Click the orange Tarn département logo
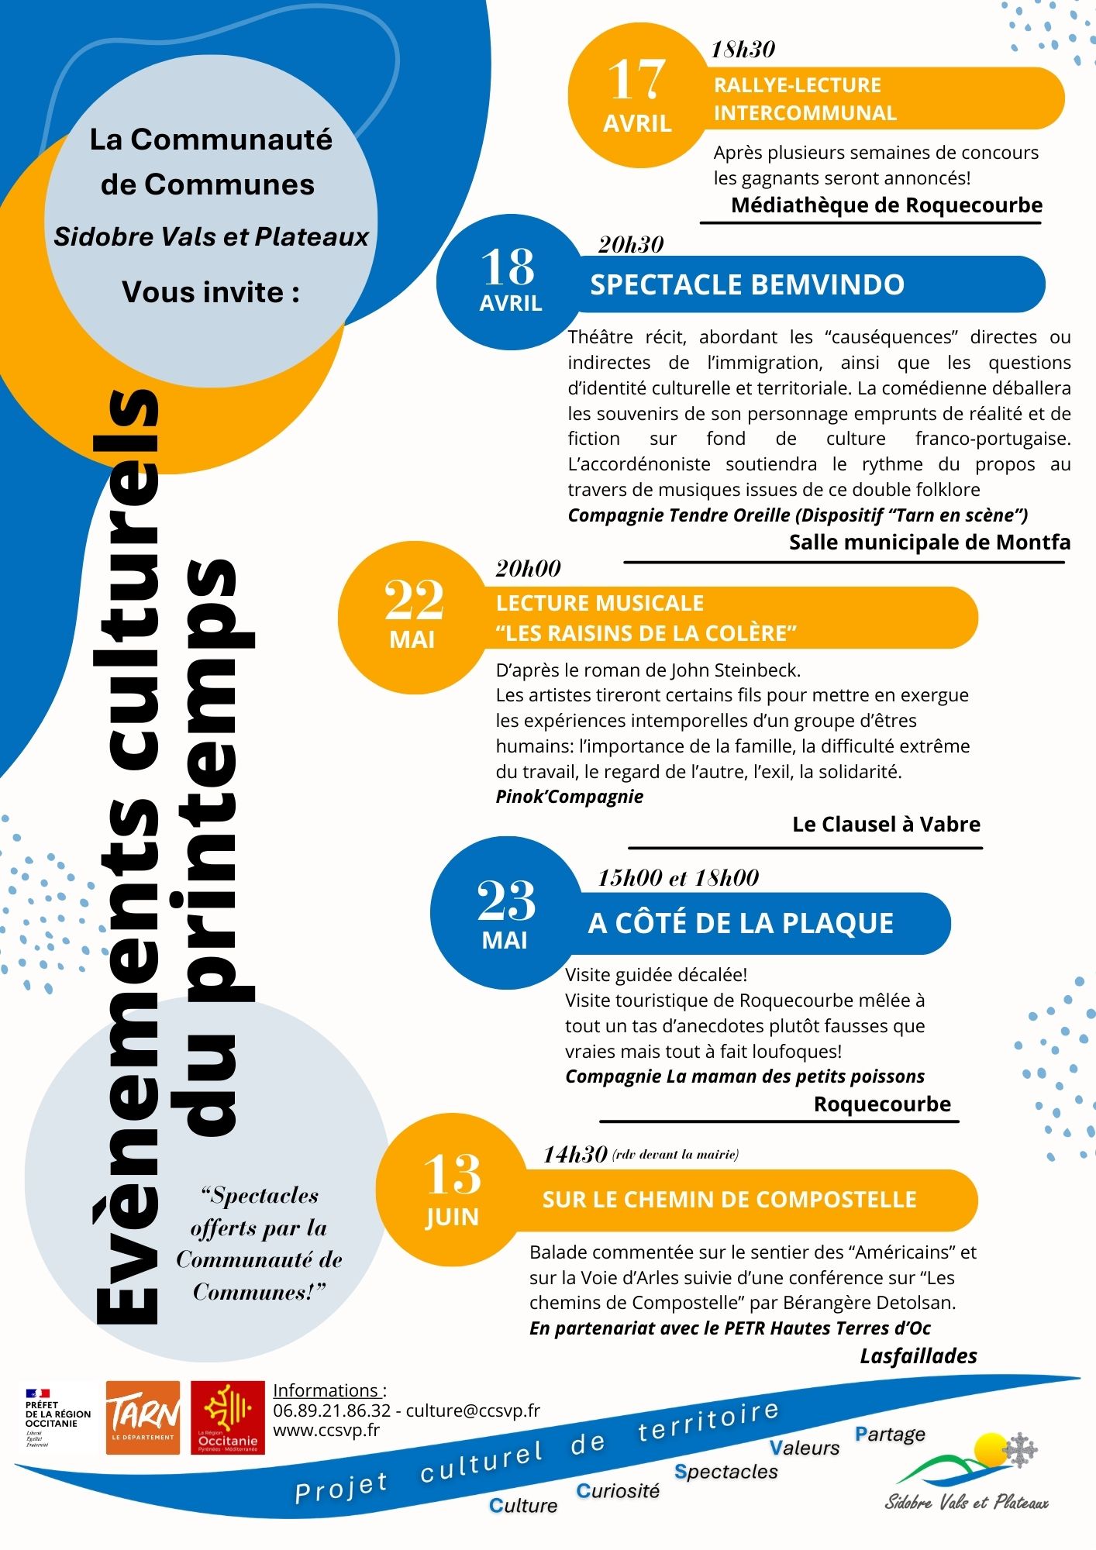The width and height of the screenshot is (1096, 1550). click(x=143, y=1417)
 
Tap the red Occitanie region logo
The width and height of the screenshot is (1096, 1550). click(x=227, y=1417)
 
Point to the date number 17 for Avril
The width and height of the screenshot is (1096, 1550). click(x=636, y=81)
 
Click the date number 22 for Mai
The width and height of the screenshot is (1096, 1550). click(x=414, y=601)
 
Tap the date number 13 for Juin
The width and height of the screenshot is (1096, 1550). click(x=452, y=1176)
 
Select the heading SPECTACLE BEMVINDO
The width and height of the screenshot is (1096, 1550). click(x=747, y=284)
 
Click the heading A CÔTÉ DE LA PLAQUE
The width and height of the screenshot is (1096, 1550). click(x=740, y=923)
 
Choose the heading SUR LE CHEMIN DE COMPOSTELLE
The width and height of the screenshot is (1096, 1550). click(x=729, y=1200)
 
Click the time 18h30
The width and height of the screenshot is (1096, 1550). click(x=743, y=50)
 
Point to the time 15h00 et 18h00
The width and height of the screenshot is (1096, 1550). click(x=677, y=877)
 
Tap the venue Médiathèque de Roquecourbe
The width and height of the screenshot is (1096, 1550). click(x=886, y=205)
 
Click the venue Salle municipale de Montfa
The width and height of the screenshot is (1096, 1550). click(x=929, y=542)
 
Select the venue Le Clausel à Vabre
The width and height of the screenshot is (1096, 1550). click(x=886, y=824)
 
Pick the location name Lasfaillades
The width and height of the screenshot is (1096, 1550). click(x=918, y=1355)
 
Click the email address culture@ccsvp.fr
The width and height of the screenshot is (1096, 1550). click(x=473, y=1410)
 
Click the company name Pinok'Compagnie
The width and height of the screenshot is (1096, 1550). click(x=569, y=797)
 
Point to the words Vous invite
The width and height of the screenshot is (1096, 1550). click(x=211, y=292)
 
